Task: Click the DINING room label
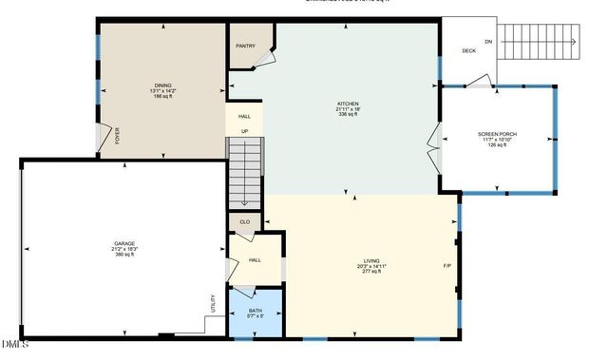(x=163, y=85)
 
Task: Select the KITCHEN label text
(x=349, y=104)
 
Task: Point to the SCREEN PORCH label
(x=498, y=135)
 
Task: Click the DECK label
(x=468, y=51)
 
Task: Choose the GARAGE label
(x=124, y=244)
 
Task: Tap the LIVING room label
(x=371, y=260)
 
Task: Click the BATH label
(x=256, y=311)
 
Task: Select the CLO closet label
(x=244, y=222)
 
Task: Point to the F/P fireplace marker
(x=446, y=266)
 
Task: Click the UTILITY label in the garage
(x=213, y=303)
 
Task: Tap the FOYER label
(x=118, y=139)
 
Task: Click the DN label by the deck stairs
(x=488, y=42)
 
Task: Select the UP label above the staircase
(x=244, y=131)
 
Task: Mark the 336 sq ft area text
(x=349, y=114)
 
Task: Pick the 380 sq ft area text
(x=124, y=255)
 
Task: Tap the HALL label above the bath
(x=255, y=259)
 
